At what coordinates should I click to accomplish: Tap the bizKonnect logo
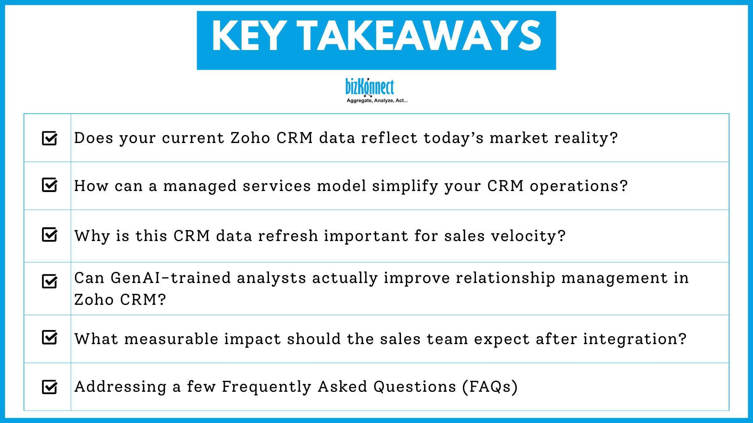[x=370, y=87]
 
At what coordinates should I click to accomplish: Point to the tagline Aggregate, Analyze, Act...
[x=377, y=100]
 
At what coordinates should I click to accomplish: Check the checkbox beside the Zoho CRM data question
[x=49, y=138]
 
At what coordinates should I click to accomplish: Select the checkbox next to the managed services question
[x=49, y=185]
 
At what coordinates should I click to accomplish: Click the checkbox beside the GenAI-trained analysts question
[x=49, y=281]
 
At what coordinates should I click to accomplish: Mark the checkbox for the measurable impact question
[x=49, y=337]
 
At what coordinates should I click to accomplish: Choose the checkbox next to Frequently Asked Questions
[x=49, y=387]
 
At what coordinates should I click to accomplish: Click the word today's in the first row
[x=453, y=138]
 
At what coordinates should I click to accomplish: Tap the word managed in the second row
[x=200, y=186]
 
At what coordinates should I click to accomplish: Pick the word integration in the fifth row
[x=634, y=339]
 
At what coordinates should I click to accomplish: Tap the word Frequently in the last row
[x=267, y=387]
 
